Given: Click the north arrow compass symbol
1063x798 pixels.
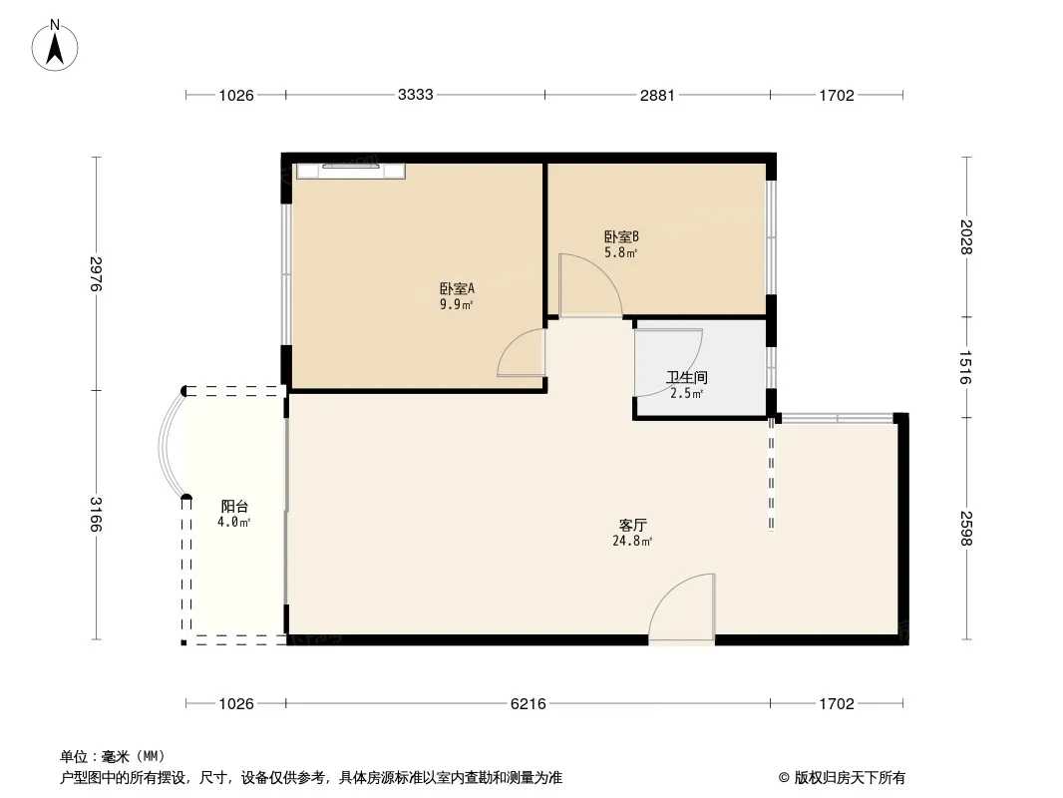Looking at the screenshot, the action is [55, 46].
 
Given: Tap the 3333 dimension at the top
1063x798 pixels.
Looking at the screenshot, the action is [416, 94].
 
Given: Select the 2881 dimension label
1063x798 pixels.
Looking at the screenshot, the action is [657, 95].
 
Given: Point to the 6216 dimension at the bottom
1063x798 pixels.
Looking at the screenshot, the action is [529, 704].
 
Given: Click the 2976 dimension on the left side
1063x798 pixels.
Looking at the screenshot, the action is [96, 274].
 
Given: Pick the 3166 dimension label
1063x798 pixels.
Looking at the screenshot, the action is [96, 515].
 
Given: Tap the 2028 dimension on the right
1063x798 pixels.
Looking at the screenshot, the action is [966, 236].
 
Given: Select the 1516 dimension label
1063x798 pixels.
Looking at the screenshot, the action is [966, 367].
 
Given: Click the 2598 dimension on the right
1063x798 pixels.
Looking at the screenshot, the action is [966, 528].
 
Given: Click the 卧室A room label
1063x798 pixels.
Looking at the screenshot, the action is [457, 289].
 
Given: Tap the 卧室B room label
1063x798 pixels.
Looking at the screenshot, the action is [621, 236].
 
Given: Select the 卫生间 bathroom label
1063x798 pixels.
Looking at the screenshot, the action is [687, 378].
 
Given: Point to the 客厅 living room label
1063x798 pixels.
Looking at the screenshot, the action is [633, 525].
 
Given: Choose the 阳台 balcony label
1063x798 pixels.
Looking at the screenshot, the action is [234, 506].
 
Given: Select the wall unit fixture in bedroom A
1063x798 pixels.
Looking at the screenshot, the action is [350, 171].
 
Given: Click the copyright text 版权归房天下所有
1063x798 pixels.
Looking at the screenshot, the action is [850, 778].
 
